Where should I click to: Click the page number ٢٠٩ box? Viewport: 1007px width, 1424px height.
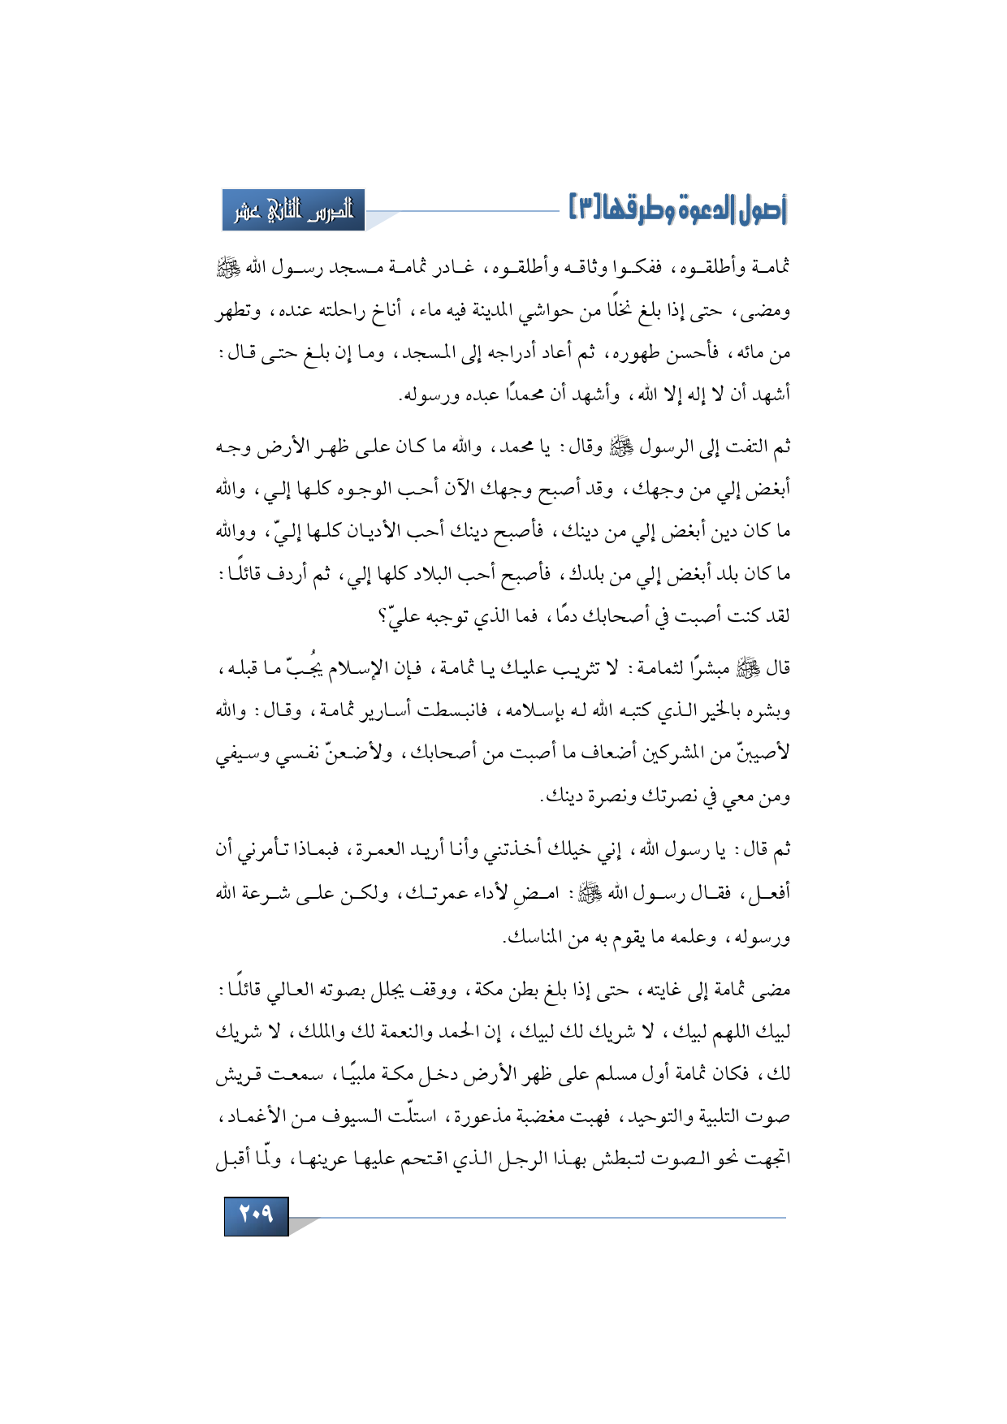tap(256, 1216)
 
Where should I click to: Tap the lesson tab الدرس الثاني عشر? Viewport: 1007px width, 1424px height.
tap(294, 211)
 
